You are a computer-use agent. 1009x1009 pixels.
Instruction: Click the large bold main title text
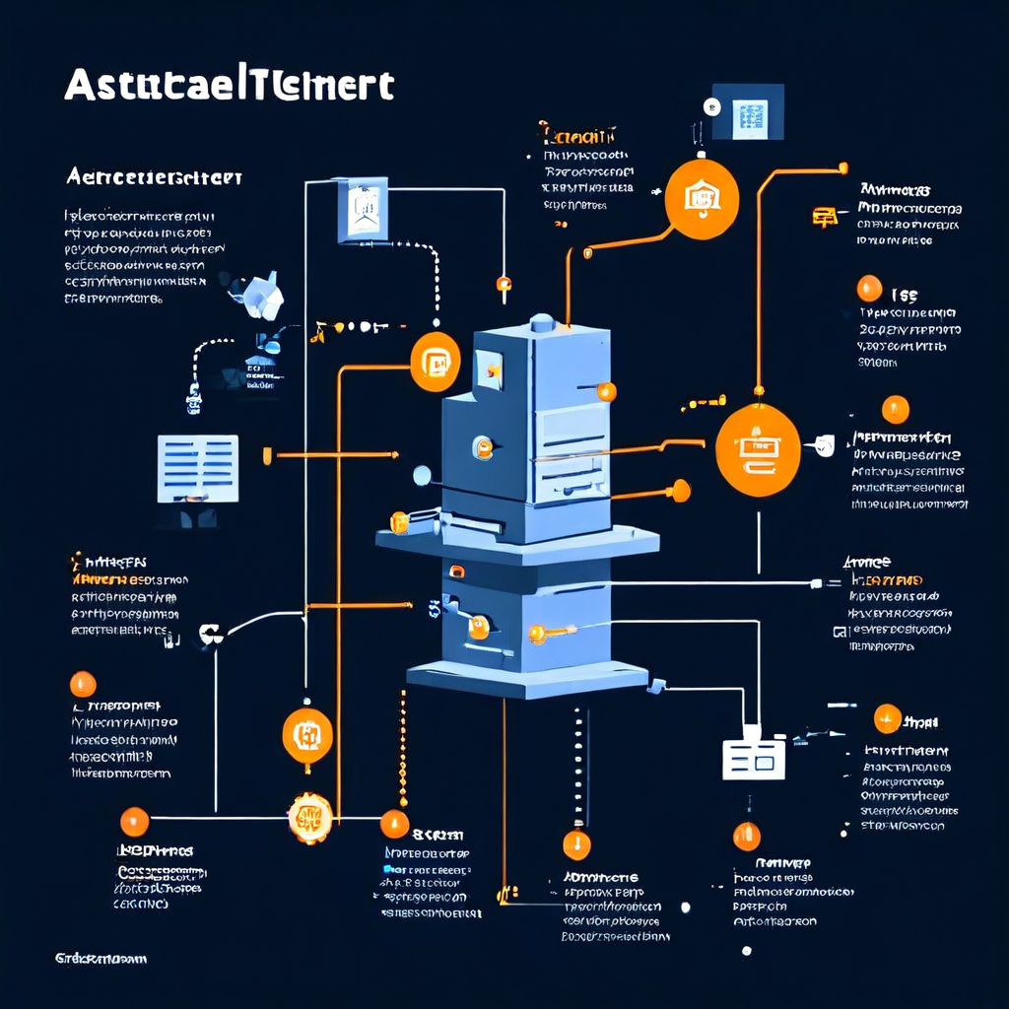coord(229,85)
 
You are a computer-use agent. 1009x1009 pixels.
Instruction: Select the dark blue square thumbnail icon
coord(746,111)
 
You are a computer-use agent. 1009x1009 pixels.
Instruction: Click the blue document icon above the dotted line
coord(363,210)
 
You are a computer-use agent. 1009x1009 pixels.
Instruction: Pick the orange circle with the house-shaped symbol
coord(702,200)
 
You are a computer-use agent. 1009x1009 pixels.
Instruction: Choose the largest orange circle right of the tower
coord(757,448)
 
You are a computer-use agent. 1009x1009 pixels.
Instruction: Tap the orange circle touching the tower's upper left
coord(435,362)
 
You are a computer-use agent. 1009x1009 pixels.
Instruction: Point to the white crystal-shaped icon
coord(261,295)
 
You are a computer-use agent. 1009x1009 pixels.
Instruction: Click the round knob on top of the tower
coord(542,322)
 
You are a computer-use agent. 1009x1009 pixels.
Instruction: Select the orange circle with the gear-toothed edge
coord(309,817)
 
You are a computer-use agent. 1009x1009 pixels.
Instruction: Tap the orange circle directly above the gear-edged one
coord(307,735)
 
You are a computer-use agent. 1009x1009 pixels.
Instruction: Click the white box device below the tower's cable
coord(754,756)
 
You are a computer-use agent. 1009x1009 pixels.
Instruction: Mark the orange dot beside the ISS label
coord(869,288)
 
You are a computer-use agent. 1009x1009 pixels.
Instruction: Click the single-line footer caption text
coord(101,958)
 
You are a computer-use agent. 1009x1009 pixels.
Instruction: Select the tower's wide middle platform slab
coord(517,541)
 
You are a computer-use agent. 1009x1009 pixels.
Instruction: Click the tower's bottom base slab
coord(527,678)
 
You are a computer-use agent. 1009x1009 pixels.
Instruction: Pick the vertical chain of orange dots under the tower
coord(402,749)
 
